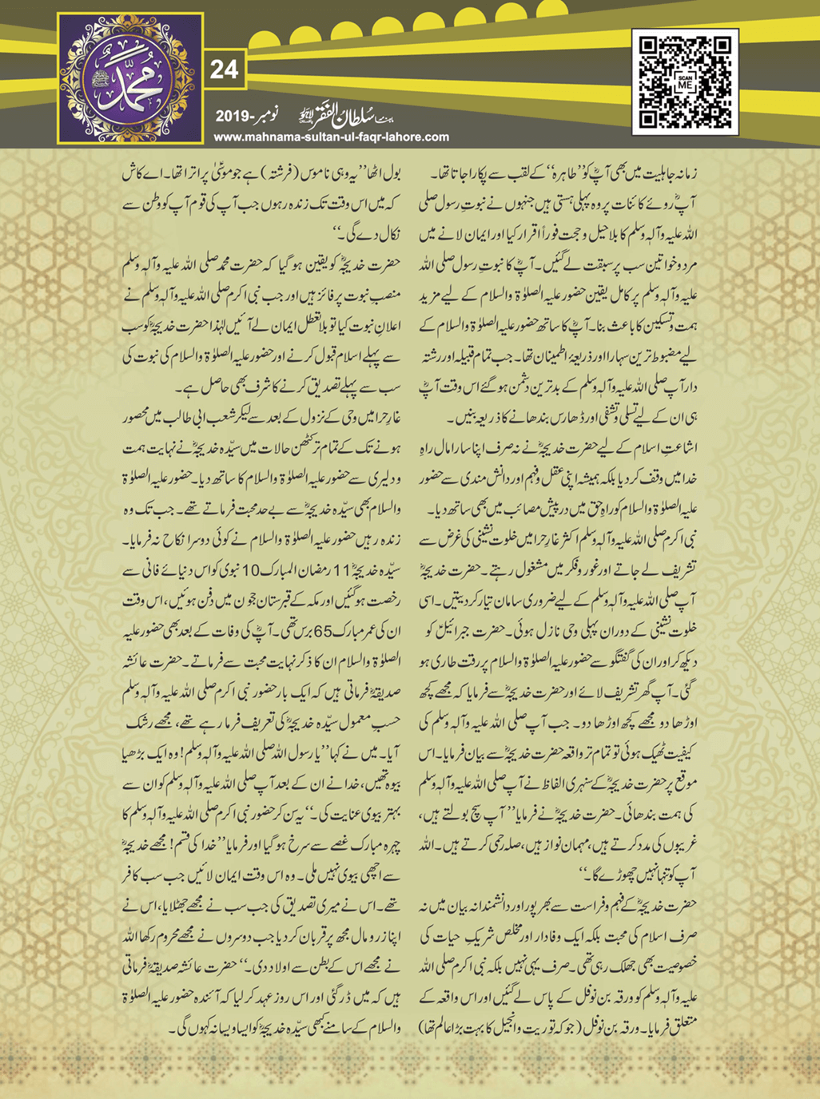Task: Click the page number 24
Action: pos(224,69)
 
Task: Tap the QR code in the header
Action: pos(685,81)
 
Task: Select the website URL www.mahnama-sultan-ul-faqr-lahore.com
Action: pos(331,137)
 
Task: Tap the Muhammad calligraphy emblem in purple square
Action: pos(130,78)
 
